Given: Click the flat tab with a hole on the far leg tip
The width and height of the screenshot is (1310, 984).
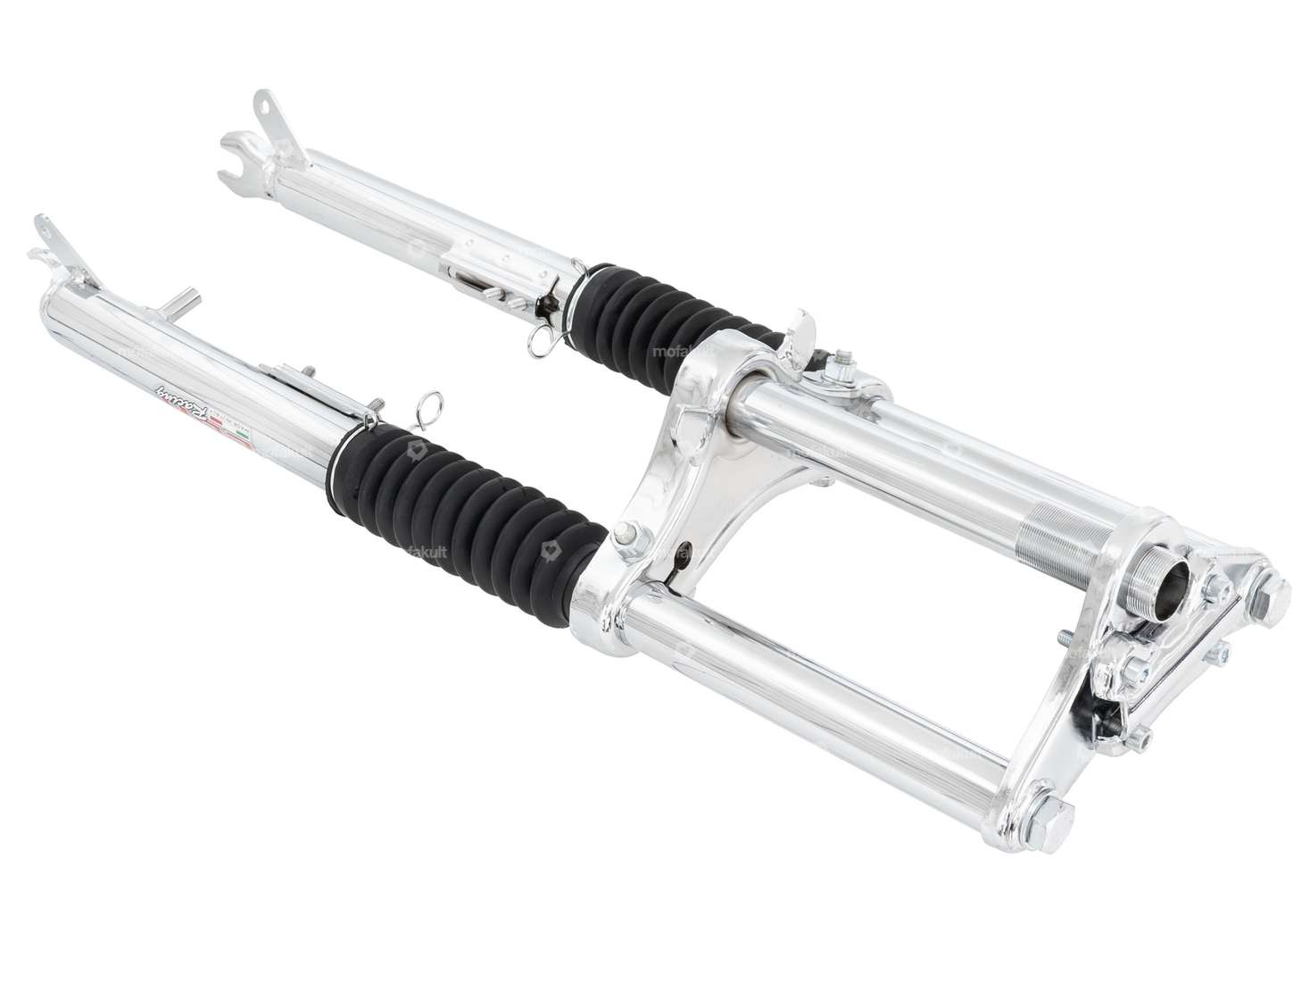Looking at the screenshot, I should click(x=264, y=104).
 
